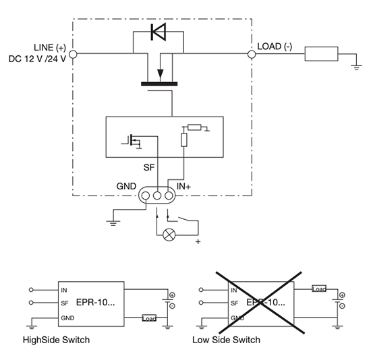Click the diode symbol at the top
click(x=159, y=31)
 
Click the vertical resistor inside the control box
click(x=183, y=140)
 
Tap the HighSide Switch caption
click(x=56, y=340)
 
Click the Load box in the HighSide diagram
click(x=150, y=318)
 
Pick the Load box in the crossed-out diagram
click(x=319, y=289)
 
